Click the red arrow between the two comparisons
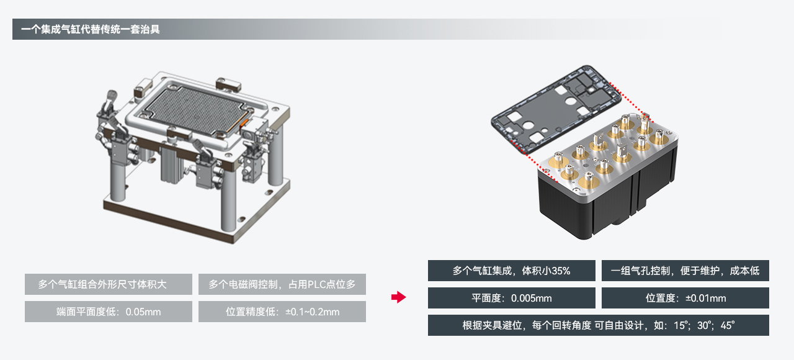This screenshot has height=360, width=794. pos(398,298)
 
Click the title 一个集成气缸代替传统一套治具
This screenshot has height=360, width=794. pos(91,29)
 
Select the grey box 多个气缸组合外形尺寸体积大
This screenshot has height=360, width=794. pos(109,284)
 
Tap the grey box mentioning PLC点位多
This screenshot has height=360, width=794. pos(282,284)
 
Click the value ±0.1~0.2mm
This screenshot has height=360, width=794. pos(312,312)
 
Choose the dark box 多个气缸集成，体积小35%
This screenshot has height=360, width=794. pos(511,271)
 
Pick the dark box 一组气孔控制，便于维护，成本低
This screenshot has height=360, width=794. pos(685,271)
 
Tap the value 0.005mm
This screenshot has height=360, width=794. pos(531,299)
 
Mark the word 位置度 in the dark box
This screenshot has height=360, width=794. pos(660,299)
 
